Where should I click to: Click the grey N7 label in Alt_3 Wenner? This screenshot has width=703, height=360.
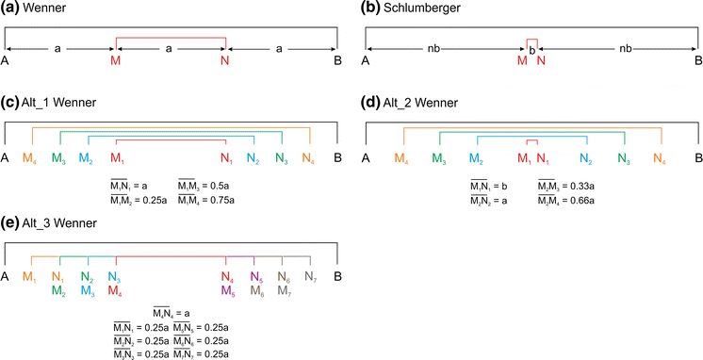[312, 277]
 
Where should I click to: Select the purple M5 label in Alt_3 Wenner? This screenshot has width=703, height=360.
[228, 290]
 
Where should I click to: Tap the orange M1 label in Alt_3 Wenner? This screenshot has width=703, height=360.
[32, 277]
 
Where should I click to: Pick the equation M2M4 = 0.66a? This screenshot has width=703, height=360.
[567, 200]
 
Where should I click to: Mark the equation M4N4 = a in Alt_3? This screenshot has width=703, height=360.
[171, 313]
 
